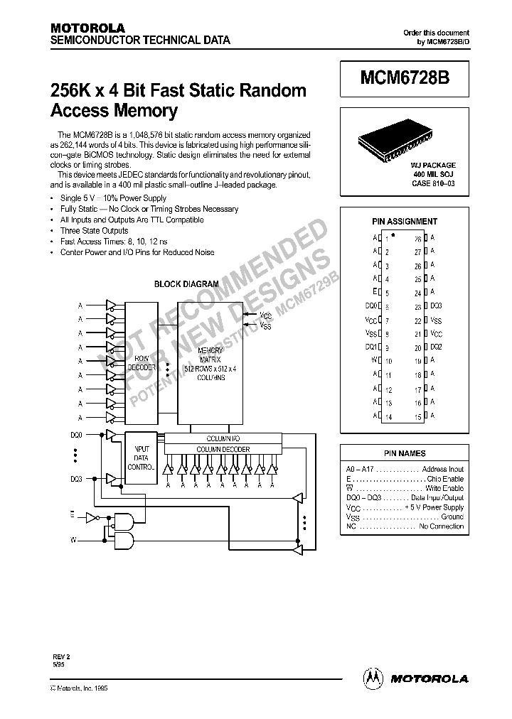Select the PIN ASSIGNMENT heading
coord(405,221)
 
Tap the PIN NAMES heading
coord(404,453)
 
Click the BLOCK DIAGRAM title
coord(187,283)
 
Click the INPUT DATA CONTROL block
coord(141,458)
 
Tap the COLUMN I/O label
coord(223,438)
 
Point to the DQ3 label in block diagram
coord(77,478)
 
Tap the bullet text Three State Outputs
coord(94,231)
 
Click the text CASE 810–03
coord(432,183)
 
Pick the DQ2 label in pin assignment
coord(436,347)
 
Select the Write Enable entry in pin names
coord(444,488)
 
